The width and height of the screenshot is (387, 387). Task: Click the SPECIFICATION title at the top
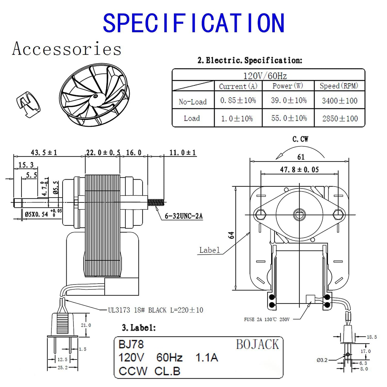point(194,23)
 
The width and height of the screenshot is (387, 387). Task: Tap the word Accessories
point(67,49)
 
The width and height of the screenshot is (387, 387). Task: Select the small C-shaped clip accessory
point(28,104)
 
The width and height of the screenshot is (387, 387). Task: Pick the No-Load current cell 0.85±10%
point(238,100)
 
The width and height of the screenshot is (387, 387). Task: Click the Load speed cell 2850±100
point(340,118)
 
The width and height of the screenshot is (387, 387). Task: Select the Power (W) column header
point(288,86)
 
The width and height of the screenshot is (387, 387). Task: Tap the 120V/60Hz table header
point(265,76)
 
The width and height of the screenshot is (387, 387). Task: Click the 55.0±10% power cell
point(289,118)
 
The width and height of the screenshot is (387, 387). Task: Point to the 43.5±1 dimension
point(44,153)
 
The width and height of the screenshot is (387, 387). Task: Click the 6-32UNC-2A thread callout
point(183,216)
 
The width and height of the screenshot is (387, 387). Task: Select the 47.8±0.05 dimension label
point(299,170)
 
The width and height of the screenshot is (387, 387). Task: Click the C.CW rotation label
point(300,139)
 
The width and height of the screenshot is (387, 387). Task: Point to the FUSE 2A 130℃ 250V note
point(266,320)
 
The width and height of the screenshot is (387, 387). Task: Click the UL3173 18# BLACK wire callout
point(155,310)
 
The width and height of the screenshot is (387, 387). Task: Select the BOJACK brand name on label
point(257,344)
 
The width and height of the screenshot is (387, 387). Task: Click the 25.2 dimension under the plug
point(62,368)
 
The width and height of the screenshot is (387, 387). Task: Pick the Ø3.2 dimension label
point(322,360)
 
